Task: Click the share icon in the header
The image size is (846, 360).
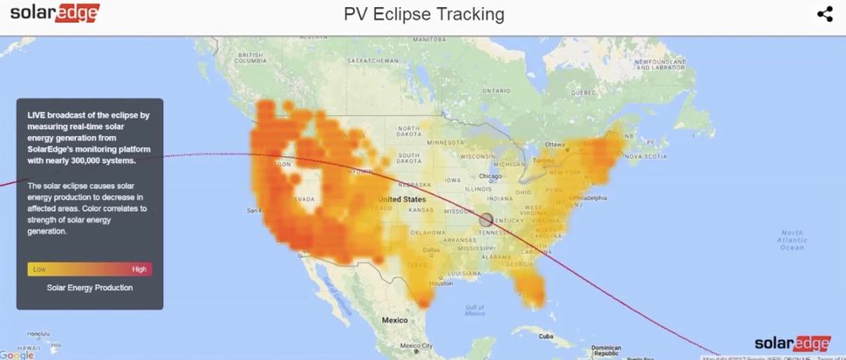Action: coord(824,14)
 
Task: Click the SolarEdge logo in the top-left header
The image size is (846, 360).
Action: coord(54,13)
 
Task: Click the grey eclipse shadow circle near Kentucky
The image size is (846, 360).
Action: coord(487,220)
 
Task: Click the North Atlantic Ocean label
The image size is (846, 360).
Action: coord(792,240)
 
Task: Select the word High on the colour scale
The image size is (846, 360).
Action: coord(140,269)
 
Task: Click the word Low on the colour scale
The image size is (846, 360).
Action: coord(39,269)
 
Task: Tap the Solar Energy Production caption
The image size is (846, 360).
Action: coord(90,288)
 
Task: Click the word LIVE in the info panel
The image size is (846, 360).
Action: coord(37,115)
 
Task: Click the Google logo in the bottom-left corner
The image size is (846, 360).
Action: coord(17,354)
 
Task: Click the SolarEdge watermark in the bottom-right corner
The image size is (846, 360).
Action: coord(791,343)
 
